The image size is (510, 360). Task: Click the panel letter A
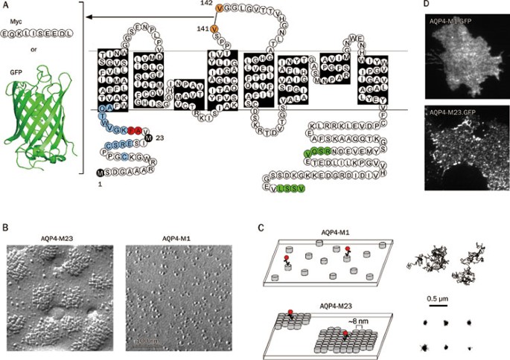coord(6,6)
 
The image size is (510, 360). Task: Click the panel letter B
coord(6,223)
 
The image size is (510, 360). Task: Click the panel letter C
coord(258,223)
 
